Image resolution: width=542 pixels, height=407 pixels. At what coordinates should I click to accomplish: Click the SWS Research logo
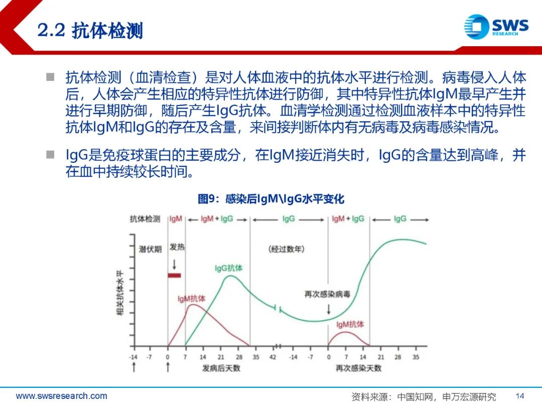click(x=496, y=27)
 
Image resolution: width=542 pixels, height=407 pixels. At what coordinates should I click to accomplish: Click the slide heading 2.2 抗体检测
click(x=90, y=31)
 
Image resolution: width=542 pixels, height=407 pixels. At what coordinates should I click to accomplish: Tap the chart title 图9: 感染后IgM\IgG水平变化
click(x=271, y=199)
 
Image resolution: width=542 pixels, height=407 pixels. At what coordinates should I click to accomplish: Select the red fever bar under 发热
click(x=174, y=275)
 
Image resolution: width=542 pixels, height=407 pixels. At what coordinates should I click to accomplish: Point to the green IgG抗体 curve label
click(x=228, y=268)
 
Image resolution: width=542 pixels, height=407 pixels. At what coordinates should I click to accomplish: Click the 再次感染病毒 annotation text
click(x=327, y=294)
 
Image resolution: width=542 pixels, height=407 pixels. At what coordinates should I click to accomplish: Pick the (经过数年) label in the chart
click(x=286, y=249)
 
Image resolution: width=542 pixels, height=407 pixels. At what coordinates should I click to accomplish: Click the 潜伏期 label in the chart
click(x=150, y=249)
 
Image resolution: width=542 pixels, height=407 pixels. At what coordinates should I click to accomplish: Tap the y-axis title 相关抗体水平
click(x=120, y=292)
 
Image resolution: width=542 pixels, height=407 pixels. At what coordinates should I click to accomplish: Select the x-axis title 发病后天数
click(x=221, y=368)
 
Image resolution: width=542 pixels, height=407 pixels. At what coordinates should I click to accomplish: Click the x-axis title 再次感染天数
click(x=358, y=368)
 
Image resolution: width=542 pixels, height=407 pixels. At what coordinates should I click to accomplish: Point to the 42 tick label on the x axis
click(x=273, y=357)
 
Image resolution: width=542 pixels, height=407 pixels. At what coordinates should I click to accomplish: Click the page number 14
click(x=519, y=396)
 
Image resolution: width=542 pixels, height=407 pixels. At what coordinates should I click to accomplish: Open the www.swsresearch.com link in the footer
click(x=62, y=396)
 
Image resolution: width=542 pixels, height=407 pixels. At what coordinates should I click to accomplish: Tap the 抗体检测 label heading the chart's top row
click(x=145, y=219)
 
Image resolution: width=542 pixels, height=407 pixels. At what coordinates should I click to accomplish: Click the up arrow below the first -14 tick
click(x=134, y=367)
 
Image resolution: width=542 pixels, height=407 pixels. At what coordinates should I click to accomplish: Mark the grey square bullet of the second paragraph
click(x=51, y=154)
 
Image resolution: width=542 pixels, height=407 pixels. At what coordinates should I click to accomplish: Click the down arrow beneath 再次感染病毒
click(x=328, y=309)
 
